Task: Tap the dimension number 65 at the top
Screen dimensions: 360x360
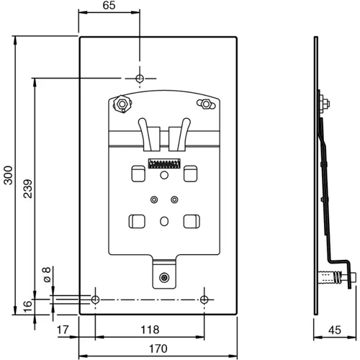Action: [x=109, y=6]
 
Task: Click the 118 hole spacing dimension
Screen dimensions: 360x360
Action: [x=150, y=330]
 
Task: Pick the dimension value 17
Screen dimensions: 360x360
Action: [x=63, y=330]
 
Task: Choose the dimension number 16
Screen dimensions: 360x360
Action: [x=27, y=305]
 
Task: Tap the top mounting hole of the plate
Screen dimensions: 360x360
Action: [x=140, y=78]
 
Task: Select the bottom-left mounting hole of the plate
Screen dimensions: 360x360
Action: [x=95, y=299]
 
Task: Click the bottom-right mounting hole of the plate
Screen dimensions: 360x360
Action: [x=204, y=299]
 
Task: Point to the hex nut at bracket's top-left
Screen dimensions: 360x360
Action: [x=121, y=105]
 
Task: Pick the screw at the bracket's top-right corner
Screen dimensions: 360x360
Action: [x=206, y=104]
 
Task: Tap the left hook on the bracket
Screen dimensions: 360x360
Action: [x=151, y=134]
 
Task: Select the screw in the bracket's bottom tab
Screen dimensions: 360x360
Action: [x=166, y=277]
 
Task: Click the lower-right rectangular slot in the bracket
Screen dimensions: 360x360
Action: [x=192, y=221]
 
